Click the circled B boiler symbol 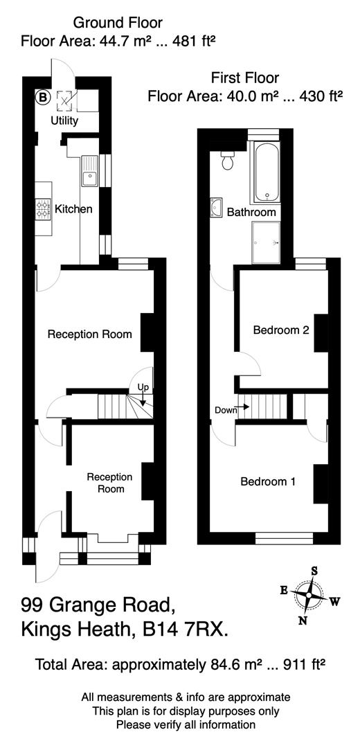click(x=43, y=99)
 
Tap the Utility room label click(x=64, y=121)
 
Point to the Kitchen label click(x=74, y=209)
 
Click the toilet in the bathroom click(x=226, y=161)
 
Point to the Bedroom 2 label click(x=280, y=330)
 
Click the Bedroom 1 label click(x=268, y=481)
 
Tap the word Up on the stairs click(x=143, y=386)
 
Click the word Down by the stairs click(x=225, y=410)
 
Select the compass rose click(x=308, y=595)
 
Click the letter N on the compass click(x=303, y=620)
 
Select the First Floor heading click(x=246, y=78)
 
